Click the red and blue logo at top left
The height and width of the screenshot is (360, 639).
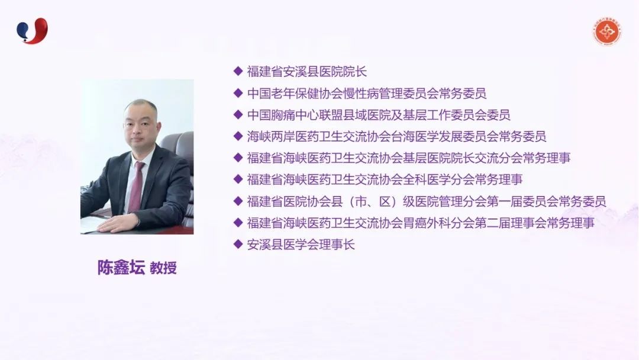point(32,31)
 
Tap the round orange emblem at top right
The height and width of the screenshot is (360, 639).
point(607,31)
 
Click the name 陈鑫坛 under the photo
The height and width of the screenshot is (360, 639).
point(121,268)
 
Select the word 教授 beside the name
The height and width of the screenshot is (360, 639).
point(163,268)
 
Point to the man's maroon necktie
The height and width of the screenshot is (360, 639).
point(136,187)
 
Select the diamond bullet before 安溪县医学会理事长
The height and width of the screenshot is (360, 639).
point(238,244)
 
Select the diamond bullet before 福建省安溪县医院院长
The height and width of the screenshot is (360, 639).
point(238,71)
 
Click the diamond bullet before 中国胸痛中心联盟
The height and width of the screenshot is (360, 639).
point(238,114)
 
